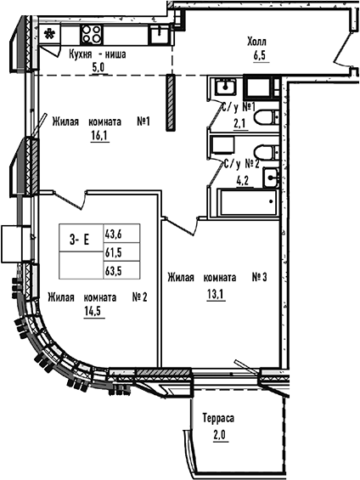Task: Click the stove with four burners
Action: point(92,36)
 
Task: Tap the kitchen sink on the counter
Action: point(158,33)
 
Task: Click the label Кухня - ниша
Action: point(98,54)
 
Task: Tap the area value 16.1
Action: point(99,133)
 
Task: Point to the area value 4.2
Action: point(241,178)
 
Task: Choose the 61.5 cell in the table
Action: point(113,252)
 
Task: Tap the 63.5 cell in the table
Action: point(113,272)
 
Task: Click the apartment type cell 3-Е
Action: point(80,243)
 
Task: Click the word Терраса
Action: point(218,420)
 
